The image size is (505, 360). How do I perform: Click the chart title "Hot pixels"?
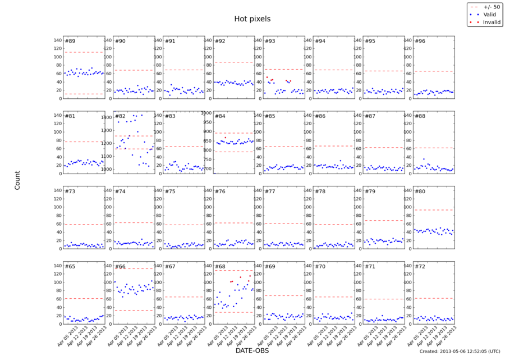coord(252,19)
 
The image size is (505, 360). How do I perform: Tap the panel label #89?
coord(70,41)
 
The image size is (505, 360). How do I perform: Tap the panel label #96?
coord(420,41)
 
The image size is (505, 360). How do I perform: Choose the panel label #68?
coord(220,267)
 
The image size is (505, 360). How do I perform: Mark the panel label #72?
coord(420,267)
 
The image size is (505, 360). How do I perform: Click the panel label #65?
coord(70,267)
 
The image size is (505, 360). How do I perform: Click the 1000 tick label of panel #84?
coord(206,113)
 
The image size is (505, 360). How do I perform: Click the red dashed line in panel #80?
coord(433,210)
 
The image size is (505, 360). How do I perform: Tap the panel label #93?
coord(270,41)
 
